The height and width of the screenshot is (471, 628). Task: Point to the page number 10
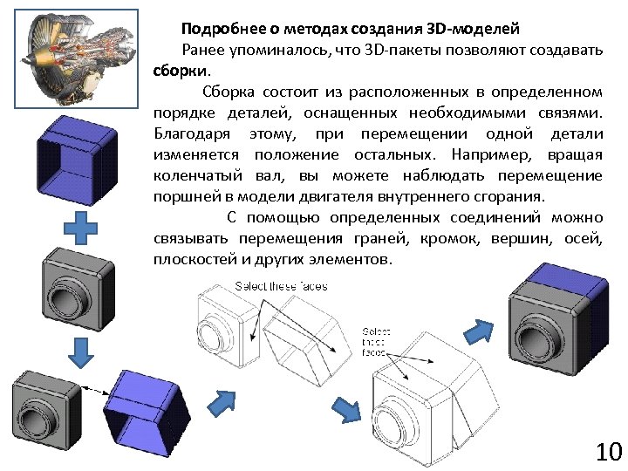608,452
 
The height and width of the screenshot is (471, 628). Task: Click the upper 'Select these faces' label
281,287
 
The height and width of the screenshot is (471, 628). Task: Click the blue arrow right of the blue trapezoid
224,402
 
